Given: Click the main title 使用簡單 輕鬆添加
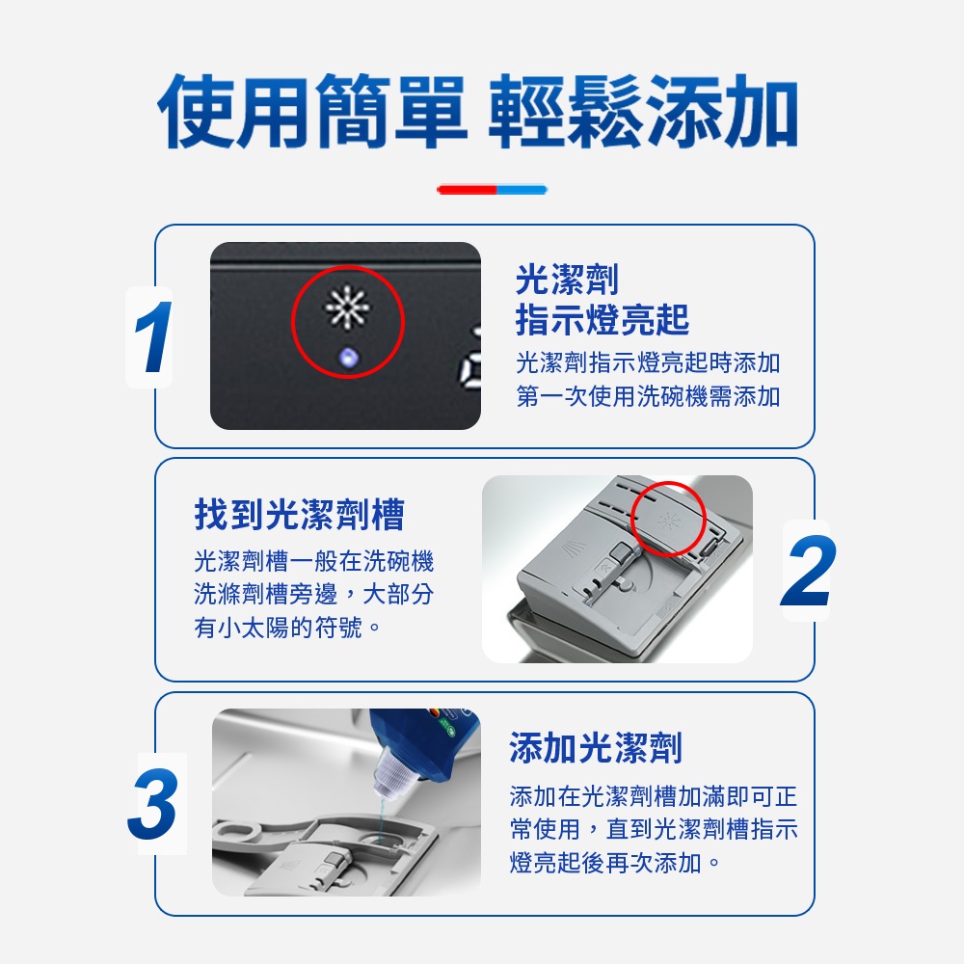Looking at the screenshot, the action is [x=478, y=111].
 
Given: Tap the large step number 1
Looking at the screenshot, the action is [x=152, y=336].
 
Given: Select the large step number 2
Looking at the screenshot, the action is [x=808, y=571].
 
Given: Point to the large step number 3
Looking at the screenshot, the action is [x=153, y=804].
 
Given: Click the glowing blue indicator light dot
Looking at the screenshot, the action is [x=349, y=358].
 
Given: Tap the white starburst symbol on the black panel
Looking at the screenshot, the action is [x=348, y=307].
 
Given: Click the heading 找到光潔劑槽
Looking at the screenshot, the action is [x=300, y=515].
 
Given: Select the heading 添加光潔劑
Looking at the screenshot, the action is [x=596, y=748].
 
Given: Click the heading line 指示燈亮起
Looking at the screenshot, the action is [x=602, y=319].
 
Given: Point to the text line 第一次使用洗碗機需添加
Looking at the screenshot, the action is [x=648, y=396].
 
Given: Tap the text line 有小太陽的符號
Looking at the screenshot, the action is [x=286, y=628].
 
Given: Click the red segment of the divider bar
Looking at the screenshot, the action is [x=467, y=190].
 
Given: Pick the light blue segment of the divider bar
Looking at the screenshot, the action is [x=522, y=190].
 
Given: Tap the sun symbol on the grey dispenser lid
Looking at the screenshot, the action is [x=668, y=522].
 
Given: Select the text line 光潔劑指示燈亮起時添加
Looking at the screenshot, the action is [x=648, y=362].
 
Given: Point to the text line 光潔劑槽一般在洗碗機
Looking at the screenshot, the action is [x=313, y=561].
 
